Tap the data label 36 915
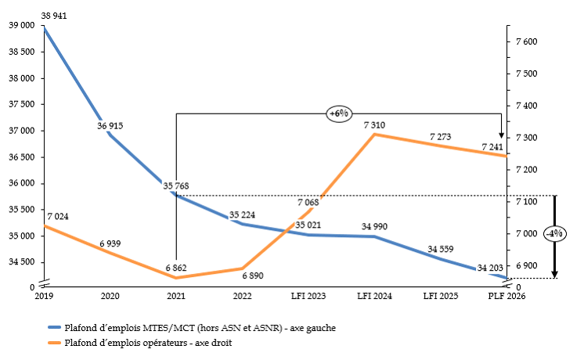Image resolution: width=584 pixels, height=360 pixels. click(x=110, y=125)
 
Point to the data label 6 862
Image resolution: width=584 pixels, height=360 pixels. click(x=175, y=268)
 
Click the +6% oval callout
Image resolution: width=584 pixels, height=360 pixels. click(x=338, y=113)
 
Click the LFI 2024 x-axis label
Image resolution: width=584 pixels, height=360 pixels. click(x=374, y=296)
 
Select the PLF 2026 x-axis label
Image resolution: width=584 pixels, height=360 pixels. click(x=505, y=296)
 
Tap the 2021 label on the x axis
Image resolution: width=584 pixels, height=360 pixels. click(x=176, y=296)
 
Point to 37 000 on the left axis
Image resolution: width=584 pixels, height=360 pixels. click(x=20, y=131)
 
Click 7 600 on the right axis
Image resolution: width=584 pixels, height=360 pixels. click(x=526, y=41)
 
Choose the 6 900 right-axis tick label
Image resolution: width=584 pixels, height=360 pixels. click(x=526, y=266)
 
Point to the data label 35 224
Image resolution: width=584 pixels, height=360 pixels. click(x=242, y=215)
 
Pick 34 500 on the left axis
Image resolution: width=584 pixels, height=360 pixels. click(x=20, y=262)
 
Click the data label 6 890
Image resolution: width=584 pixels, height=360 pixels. click(x=253, y=276)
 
